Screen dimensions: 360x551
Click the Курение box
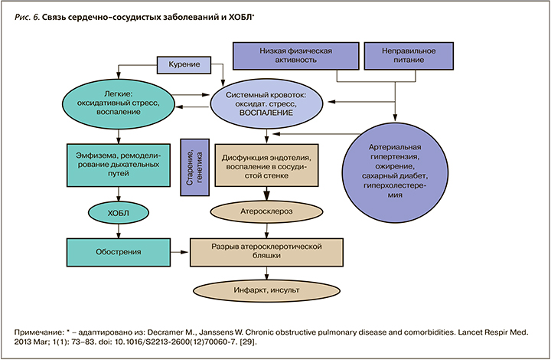pyautogui.click(x=184, y=65)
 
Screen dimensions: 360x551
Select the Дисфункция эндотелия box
pyautogui.click(x=265, y=164)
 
